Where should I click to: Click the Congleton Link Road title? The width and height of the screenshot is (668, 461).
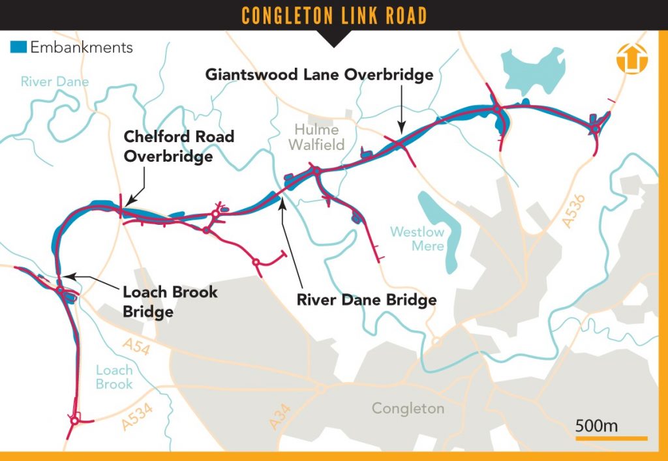(x=334, y=14)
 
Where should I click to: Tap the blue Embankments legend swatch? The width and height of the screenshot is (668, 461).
(x=18, y=47)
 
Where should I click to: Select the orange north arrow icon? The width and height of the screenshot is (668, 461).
(x=631, y=59)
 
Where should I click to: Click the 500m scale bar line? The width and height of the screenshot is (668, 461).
(x=611, y=438)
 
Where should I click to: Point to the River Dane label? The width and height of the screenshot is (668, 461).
(x=55, y=82)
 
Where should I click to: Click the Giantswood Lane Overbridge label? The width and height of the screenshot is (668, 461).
(x=319, y=75)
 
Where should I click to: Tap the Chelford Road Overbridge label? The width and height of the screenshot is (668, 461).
(x=179, y=147)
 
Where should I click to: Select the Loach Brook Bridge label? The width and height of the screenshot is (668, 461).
(x=170, y=301)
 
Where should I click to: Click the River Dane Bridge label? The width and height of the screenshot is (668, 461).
(x=366, y=301)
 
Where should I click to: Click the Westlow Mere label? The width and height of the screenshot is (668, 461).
(x=417, y=239)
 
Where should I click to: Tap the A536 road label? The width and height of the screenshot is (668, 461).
(x=575, y=212)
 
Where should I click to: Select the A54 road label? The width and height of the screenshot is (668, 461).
(x=136, y=348)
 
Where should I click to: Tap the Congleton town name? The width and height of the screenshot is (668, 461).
(x=408, y=409)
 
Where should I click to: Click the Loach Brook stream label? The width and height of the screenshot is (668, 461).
(x=114, y=377)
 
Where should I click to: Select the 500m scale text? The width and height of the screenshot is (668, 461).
(x=596, y=426)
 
